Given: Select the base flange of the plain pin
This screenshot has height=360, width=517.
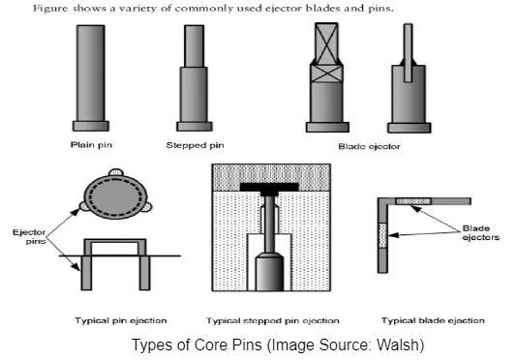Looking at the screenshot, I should [95, 125].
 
